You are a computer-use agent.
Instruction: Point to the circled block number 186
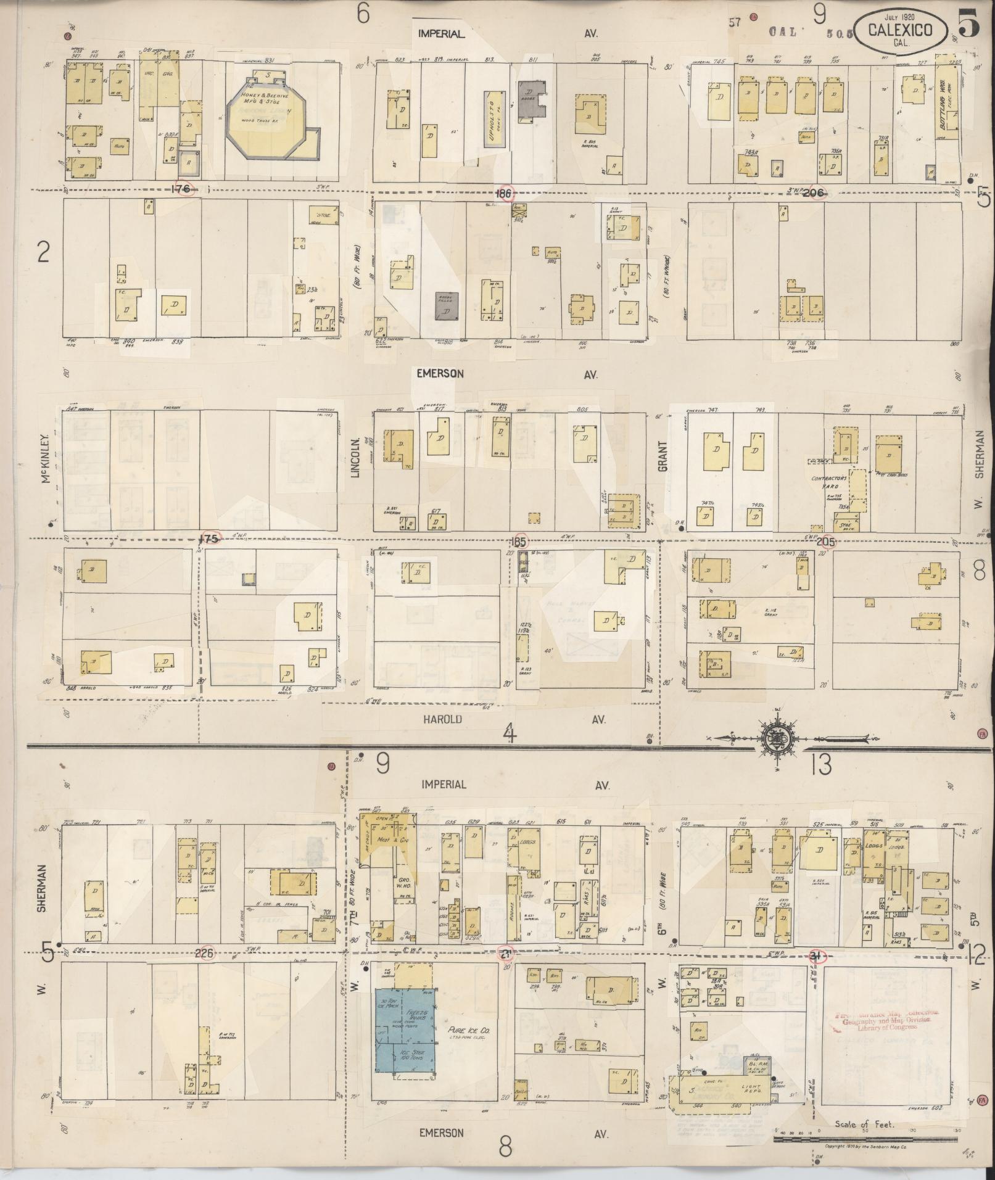pos(504,192)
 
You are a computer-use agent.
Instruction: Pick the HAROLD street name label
pos(442,719)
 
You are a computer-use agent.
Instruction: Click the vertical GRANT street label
pos(663,456)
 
